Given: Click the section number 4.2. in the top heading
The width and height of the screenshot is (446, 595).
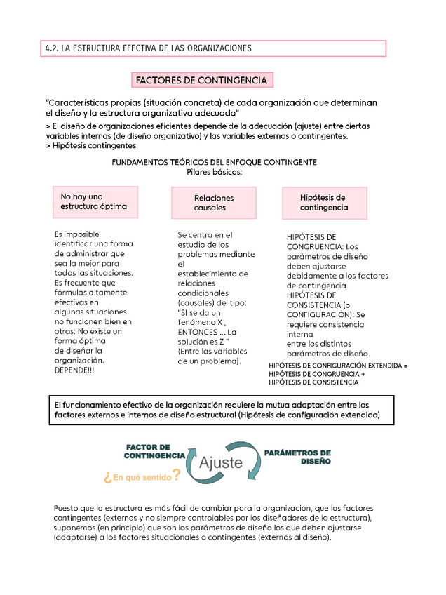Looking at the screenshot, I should [51, 48].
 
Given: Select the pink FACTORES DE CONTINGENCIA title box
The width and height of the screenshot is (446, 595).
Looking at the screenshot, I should [201, 81].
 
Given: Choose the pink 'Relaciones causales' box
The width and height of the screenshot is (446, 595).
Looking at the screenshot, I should [214, 203].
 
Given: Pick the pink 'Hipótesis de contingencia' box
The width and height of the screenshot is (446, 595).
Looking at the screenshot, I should [323, 202].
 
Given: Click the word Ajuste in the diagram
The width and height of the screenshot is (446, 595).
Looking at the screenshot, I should [221, 462].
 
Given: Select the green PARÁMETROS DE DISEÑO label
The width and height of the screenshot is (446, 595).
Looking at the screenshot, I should [297, 457].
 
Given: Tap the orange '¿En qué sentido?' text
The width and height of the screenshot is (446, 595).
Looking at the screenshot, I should [142, 476].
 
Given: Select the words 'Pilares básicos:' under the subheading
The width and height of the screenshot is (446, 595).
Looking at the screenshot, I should [214, 172].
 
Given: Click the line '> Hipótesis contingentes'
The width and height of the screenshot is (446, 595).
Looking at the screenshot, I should [90, 145].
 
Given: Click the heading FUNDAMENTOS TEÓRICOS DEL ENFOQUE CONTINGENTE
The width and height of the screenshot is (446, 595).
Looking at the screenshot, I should [214, 162].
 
